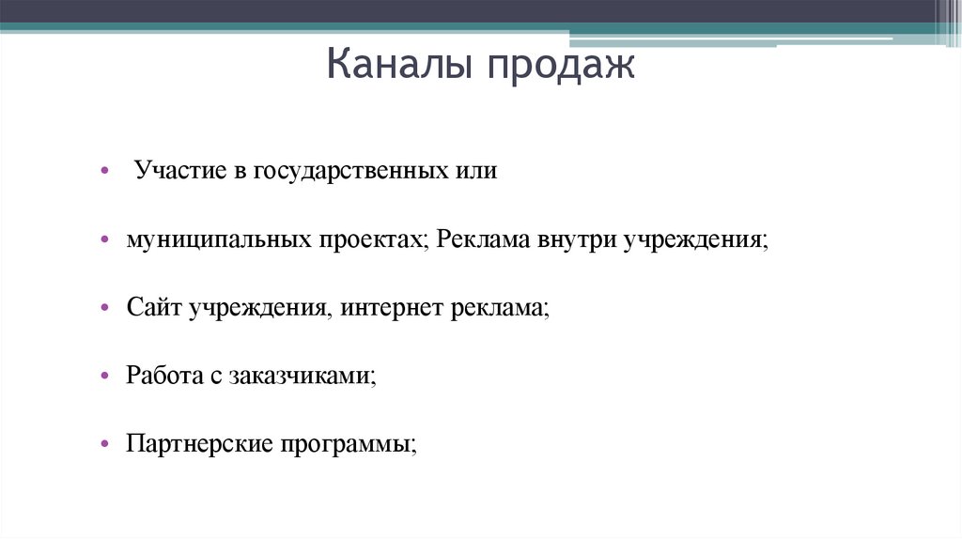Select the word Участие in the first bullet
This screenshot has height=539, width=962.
tap(178, 173)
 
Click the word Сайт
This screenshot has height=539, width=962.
tap(154, 308)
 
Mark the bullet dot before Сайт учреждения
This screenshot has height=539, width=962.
tap(105, 309)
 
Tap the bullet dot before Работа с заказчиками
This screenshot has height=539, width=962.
tap(105, 376)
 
